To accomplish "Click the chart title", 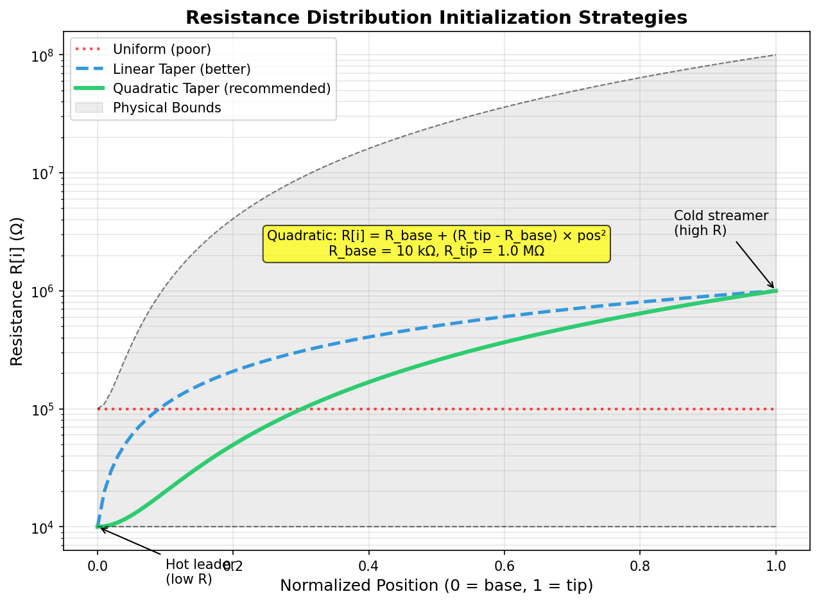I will [436, 17].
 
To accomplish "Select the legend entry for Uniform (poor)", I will [162, 49].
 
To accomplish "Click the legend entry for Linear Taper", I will [182, 69].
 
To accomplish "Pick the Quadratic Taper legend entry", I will [221, 88].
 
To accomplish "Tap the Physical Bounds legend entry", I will [167, 108].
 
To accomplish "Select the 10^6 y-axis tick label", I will [44, 291].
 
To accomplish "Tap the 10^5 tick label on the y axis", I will [44, 409].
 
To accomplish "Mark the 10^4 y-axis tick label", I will [44, 527].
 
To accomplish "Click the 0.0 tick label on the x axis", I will [98, 565].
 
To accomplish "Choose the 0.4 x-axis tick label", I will [368, 565].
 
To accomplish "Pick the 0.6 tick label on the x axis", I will [504, 565].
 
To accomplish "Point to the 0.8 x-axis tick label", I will [640, 565].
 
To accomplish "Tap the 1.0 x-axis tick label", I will [776, 565].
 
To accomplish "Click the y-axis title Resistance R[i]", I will [17, 291].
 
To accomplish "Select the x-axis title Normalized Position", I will [436, 586].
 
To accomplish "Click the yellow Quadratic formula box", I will [436, 243].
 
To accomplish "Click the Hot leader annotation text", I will [193, 572].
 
